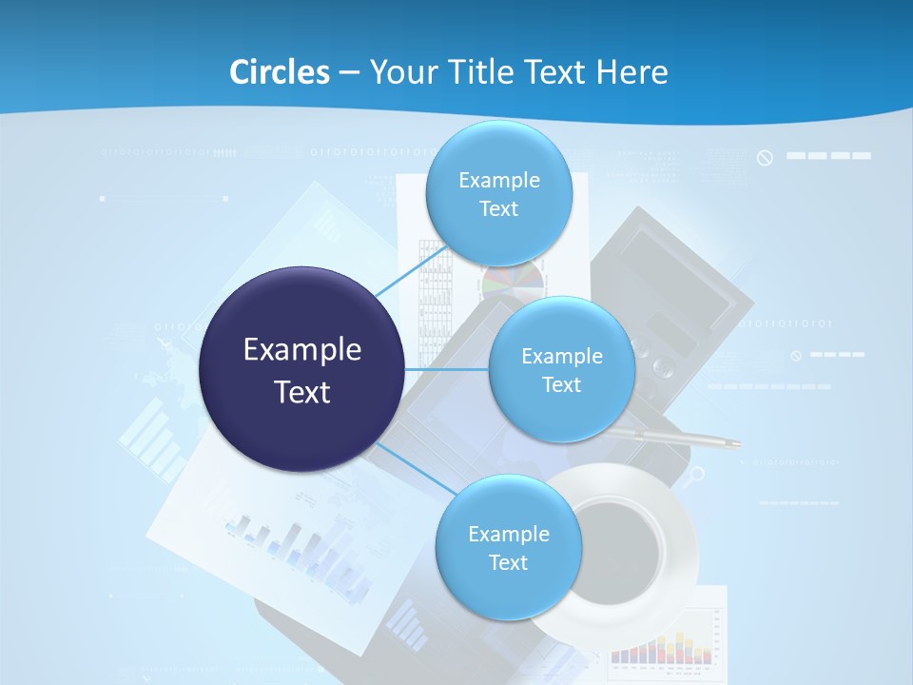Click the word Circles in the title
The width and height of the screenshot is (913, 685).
point(279,72)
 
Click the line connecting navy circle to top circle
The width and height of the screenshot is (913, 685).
point(411,269)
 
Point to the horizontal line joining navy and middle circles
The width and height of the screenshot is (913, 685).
point(446,369)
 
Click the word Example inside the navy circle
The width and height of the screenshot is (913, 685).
point(302,350)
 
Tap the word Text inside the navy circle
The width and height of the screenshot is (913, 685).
point(302,392)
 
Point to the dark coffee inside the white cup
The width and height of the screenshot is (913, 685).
point(623,546)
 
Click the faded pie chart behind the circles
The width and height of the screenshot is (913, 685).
point(514,279)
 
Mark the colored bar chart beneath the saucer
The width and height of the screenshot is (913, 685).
point(661,648)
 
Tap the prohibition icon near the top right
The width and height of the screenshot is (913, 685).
point(765,158)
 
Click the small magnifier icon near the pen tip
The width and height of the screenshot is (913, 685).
point(698,474)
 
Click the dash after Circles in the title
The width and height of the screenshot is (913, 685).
point(349,72)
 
